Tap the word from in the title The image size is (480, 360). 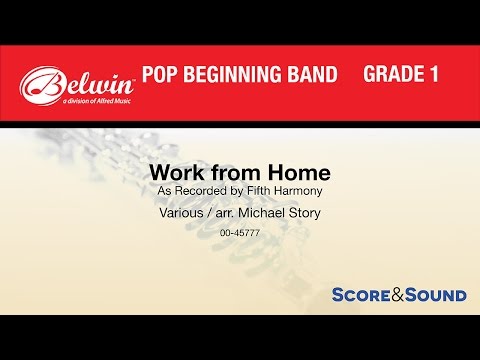pyautogui.click(x=227, y=172)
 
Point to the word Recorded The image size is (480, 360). pyautogui.click(x=204, y=190)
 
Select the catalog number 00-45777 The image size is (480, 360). pyautogui.click(x=240, y=234)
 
